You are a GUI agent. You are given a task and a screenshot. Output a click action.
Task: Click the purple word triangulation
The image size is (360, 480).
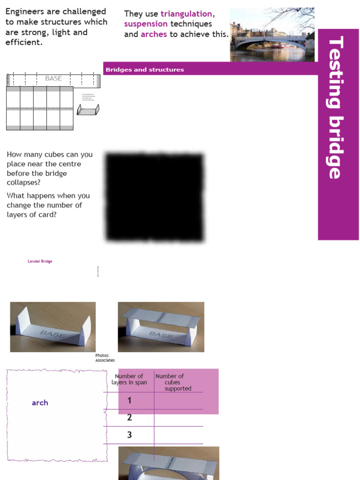(x=186, y=14)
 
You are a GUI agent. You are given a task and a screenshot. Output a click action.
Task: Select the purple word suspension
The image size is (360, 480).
(x=146, y=24)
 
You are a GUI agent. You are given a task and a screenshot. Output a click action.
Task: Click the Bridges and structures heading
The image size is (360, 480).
(x=144, y=70)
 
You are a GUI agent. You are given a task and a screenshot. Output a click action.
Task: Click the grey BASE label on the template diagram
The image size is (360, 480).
(x=53, y=78)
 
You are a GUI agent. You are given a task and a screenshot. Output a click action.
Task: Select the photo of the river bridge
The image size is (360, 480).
(x=272, y=35)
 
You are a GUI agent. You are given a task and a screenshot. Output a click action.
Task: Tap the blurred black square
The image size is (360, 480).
(x=155, y=197)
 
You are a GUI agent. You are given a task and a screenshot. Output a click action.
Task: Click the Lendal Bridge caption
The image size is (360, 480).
(x=40, y=261)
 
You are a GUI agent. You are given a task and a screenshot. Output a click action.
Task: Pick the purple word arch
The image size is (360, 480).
(x=40, y=403)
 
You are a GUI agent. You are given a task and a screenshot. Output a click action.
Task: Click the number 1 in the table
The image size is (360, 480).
(x=129, y=400)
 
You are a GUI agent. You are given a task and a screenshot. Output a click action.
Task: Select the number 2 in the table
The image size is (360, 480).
(x=129, y=418)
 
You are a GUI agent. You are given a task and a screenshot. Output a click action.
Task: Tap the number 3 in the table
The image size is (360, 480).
(x=129, y=435)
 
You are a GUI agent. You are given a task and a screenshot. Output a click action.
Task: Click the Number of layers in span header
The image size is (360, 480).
(x=129, y=379)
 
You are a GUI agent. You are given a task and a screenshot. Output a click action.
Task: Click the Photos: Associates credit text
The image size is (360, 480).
(x=105, y=358)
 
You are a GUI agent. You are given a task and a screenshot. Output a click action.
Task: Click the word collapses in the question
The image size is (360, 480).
(x=23, y=182)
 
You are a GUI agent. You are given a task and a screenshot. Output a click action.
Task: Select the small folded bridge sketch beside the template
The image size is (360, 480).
(x=88, y=109)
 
